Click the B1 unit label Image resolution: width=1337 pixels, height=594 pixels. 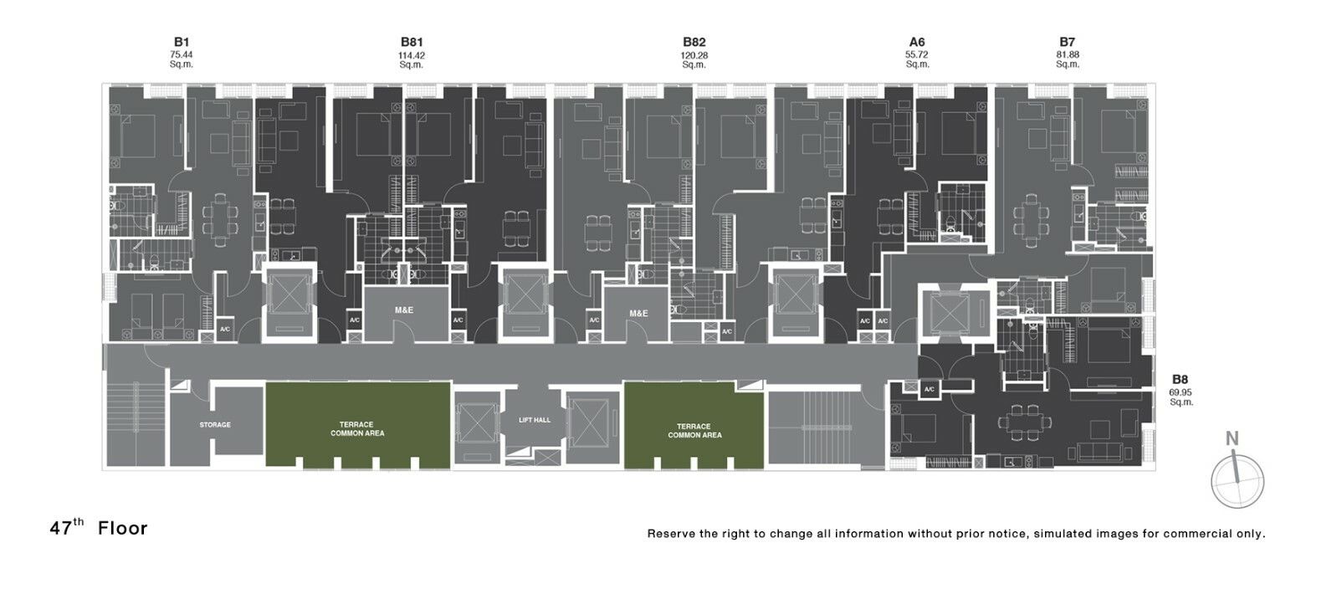coord(181,42)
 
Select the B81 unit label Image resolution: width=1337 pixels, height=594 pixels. coord(411,42)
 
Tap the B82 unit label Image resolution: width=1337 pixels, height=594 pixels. coord(694,42)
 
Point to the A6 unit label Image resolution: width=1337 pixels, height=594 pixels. coord(916,42)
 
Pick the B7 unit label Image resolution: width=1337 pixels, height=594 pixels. coord(1067,42)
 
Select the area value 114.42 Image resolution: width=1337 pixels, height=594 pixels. coord(411,55)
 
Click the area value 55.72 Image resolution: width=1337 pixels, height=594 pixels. coord(916,55)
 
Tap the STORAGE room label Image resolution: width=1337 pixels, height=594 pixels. coord(215,425)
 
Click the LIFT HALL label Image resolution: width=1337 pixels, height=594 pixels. coord(534,420)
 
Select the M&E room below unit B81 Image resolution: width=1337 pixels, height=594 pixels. coord(406,312)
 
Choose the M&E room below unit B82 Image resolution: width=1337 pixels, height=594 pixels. coord(638,314)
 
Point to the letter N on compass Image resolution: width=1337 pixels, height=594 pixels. coord(1232,438)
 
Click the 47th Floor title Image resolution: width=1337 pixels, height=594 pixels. coord(98,528)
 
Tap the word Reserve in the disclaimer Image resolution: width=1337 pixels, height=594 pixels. coord(671,534)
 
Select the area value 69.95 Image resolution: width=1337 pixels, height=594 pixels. coord(1181,392)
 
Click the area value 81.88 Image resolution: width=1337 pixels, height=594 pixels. coord(1067,55)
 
